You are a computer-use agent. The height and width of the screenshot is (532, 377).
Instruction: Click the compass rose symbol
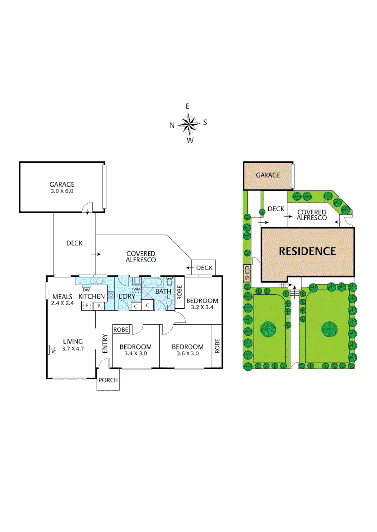pos(188,124)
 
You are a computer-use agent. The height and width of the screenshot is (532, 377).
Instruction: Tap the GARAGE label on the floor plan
pos(61,185)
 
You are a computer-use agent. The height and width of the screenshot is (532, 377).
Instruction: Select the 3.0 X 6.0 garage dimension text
pos(61,191)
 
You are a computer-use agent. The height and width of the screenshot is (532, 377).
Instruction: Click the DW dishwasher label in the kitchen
pos(86,290)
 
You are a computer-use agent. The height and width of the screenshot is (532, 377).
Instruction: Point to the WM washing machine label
pos(137,289)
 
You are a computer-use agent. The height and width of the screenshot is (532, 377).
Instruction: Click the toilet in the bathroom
pos(170,283)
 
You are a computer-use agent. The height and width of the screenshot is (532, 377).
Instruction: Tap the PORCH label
pos(108,380)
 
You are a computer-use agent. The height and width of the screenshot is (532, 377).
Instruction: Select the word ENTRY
pos(105,343)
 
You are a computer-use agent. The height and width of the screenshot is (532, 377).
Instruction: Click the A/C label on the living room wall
pos(50,350)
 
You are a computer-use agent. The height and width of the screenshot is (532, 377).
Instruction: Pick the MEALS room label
pos(62,297)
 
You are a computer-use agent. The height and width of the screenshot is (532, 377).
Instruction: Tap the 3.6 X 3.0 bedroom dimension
pos(187,353)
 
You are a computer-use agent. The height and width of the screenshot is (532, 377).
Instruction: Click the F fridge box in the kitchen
pos(87,306)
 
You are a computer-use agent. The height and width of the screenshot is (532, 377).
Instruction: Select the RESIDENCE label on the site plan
pos(307,251)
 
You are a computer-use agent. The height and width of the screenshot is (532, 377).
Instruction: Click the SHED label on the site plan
pos(247,272)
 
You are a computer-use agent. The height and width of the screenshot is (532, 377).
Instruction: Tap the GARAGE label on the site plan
pos(267,175)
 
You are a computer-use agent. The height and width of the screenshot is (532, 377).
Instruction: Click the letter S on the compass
pos(205,122)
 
